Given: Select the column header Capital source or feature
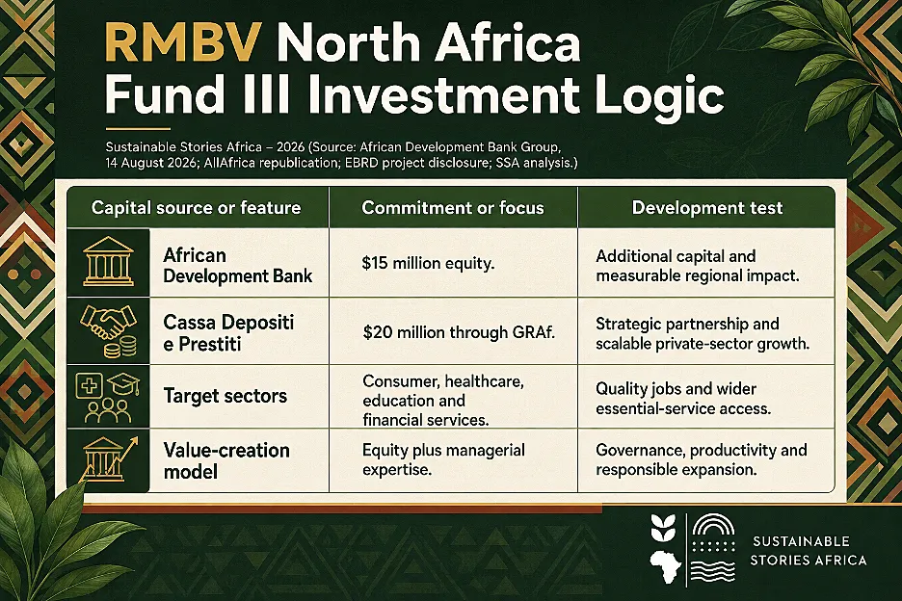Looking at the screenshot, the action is [x=197, y=208].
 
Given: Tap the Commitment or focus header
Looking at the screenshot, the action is [x=453, y=208].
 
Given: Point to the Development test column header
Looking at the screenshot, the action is [x=707, y=208].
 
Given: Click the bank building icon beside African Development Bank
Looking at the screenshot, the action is [x=108, y=262].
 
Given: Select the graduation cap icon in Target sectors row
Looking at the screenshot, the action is [x=123, y=383].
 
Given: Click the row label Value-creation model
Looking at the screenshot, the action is [x=226, y=460].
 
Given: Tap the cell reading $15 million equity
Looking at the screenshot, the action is [x=428, y=263].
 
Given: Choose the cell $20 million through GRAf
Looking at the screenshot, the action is [x=459, y=332].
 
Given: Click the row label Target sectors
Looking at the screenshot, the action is [x=225, y=396].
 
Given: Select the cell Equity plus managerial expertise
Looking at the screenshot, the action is [x=443, y=459].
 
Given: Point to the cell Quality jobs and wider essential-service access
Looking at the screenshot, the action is [x=683, y=399].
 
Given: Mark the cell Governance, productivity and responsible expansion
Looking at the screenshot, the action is [x=702, y=459].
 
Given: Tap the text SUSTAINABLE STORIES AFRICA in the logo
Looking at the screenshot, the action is [x=809, y=550].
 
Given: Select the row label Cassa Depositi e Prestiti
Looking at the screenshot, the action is [x=228, y=333].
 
